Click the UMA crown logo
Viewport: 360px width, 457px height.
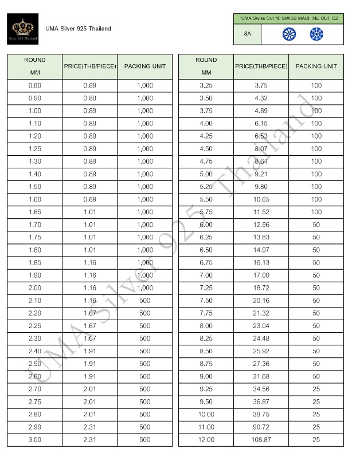(x=23, y=29)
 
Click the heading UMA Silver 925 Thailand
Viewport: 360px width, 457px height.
(x=78, y=29)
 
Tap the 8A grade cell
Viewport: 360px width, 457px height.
(x=248, y=34)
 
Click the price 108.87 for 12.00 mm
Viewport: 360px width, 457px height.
(x=261, y=440)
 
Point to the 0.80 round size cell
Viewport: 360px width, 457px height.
(x=34, y=85)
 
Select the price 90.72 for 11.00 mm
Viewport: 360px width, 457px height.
(x=261, y=427)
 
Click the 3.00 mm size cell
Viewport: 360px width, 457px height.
(x=34, y=440)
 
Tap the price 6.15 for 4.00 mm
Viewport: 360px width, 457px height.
(x=261, y=123)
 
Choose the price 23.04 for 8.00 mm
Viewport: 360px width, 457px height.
(x=261, y=326)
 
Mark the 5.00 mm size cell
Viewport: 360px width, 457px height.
(x=206, y=174)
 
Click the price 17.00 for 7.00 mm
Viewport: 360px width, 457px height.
(x=261, y=275)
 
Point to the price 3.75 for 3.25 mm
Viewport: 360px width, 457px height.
(x=261, y=85)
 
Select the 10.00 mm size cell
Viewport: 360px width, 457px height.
(x=206, y=414)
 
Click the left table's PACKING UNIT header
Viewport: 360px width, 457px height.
(x=144, y=66)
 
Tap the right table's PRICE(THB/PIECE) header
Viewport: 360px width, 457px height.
(x=261, y=66)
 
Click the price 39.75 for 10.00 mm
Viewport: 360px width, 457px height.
(x=261, y=414)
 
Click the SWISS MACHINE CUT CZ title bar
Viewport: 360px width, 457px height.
(x=289, y=19)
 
